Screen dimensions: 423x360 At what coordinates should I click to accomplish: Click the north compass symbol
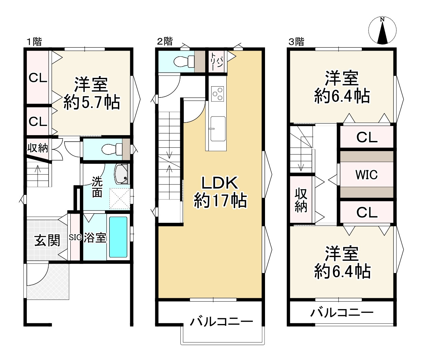coord(382,31)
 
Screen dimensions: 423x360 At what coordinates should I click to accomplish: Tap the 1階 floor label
coord(34,42)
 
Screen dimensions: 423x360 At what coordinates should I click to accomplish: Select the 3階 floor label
coord(296,42)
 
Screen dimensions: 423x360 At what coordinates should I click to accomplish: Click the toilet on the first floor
coord(112,149)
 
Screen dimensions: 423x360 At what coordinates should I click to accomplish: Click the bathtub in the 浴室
coord(118,237)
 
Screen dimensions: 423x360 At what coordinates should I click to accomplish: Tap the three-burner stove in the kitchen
coord(217,94)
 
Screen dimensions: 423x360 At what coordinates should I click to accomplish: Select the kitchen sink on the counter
coord(218,129)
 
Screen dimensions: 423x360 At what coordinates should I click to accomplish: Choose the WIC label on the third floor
coord(367,175)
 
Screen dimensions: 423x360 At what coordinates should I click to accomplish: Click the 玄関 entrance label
coord(47,240)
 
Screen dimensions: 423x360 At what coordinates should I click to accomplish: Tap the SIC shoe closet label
coord(75,237)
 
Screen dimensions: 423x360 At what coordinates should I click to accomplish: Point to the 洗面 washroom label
coord(97,187)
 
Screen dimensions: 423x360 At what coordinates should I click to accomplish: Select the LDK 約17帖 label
coord(220,192)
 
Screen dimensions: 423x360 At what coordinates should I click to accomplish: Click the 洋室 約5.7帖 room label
coord(91,93)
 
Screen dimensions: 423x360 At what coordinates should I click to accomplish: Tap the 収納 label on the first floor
coord(38,148)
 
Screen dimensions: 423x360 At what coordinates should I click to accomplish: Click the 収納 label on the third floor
coord(301,200)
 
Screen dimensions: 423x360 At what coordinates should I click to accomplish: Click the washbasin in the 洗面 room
coord(121,174)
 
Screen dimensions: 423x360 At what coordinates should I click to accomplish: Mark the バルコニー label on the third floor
coord(342,313)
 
